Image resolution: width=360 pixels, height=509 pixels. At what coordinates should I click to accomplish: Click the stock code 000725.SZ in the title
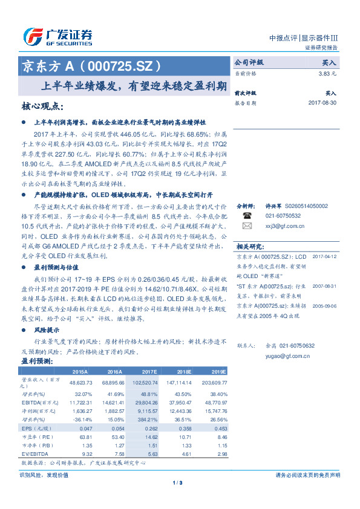click(122, 65)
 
